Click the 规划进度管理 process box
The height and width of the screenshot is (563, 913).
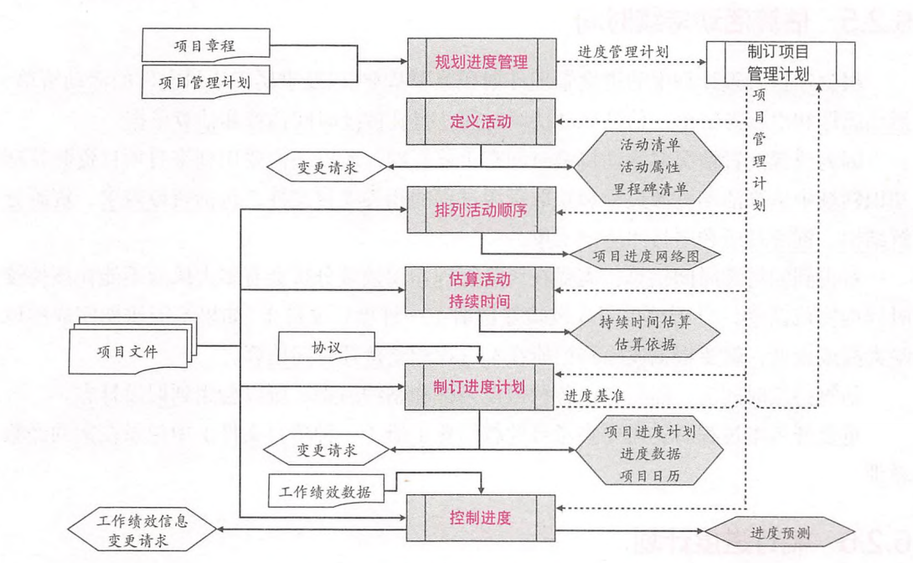(481, 60)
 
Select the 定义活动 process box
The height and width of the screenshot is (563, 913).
(481, 121)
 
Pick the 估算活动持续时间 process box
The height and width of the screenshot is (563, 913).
(481, 290)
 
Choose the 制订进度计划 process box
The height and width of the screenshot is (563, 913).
(481, 387)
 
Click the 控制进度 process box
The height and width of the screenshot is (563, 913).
(481, 518)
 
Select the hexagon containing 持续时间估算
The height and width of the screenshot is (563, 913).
(645, 332)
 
